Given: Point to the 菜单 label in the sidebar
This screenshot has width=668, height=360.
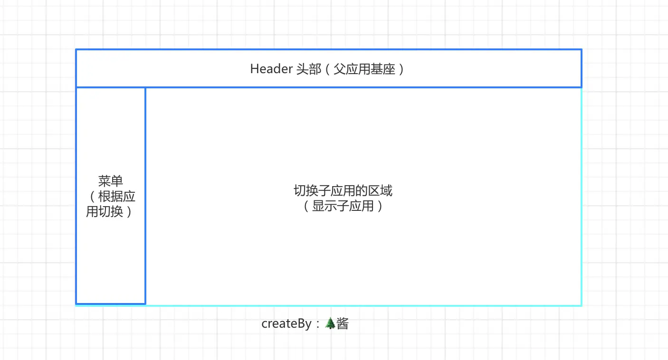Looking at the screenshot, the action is point(111,181).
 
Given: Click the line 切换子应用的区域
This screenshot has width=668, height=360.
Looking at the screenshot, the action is point(343,191).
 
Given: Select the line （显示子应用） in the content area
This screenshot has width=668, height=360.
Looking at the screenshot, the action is point(343,206).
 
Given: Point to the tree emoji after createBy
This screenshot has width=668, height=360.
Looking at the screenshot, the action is point(330,324).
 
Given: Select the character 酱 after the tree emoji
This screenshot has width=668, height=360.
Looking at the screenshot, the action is point(343,324).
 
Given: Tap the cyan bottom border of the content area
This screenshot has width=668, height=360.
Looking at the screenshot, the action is point(361,305).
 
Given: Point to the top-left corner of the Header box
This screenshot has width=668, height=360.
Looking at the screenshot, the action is point(76,49).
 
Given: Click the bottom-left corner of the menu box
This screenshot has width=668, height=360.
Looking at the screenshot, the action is point(76,303).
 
